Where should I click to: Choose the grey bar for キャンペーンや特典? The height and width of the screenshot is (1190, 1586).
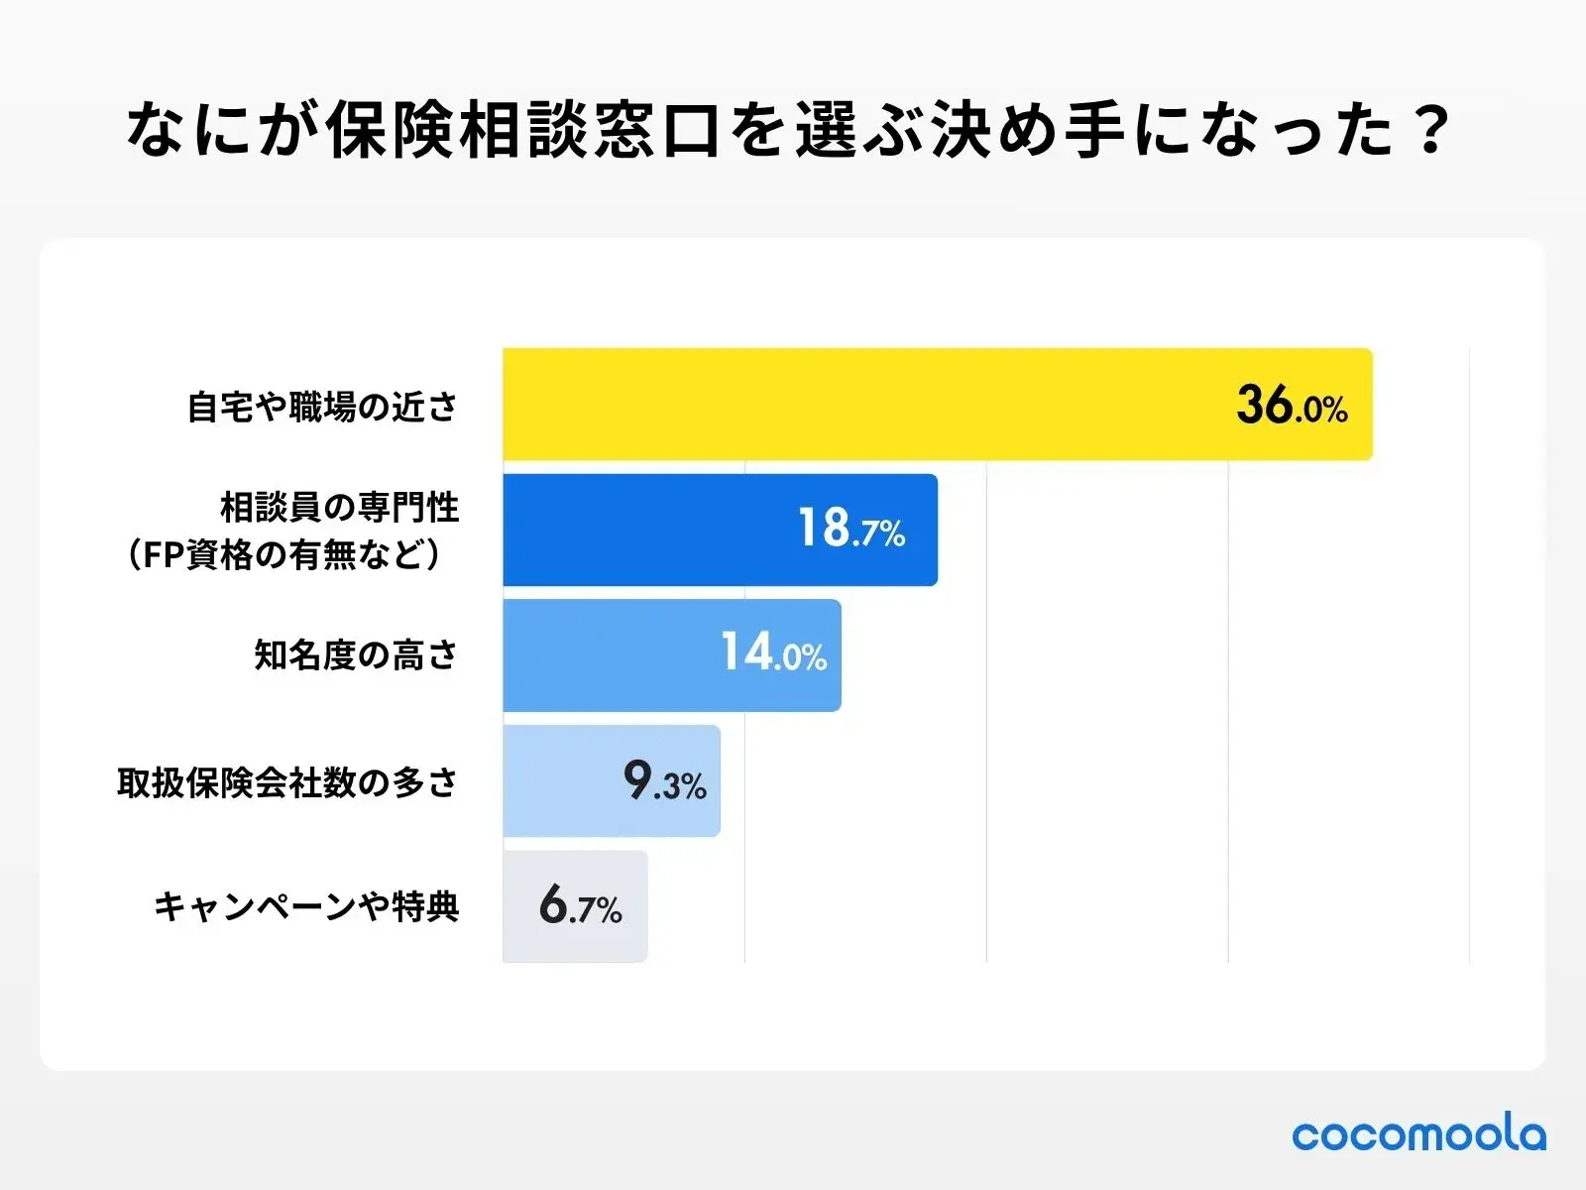click(x=520, y=906)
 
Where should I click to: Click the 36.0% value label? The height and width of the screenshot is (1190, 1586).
click(x=1292, y=406)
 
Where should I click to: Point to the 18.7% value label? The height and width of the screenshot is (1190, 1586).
click(x=851, y=530)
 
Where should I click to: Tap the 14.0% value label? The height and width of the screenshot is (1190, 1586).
click(x=773, y=654)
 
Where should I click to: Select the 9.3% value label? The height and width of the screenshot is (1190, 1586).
click(x=664, y=781)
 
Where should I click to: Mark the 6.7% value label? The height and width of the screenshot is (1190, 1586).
click(x=580, y=906)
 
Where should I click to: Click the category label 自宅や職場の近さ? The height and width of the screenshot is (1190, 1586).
click(x=323, y=407)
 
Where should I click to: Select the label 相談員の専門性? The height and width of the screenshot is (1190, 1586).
click(x=339, y=508)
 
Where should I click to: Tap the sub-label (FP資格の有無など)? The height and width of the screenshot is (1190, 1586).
click(x=284, y=555)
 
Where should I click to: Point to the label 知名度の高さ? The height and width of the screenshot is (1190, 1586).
click(x=356, y=654)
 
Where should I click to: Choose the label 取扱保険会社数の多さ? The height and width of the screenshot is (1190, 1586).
click(x=287, y=782)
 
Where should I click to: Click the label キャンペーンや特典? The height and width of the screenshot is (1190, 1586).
click(x=306, y=906)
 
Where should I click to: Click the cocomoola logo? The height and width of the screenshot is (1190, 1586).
click(x=1418, y=1134)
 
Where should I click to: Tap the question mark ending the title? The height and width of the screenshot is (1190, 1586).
click(x=1430, y=131)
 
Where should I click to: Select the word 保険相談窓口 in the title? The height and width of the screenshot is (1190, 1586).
click(x=522, y=131)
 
